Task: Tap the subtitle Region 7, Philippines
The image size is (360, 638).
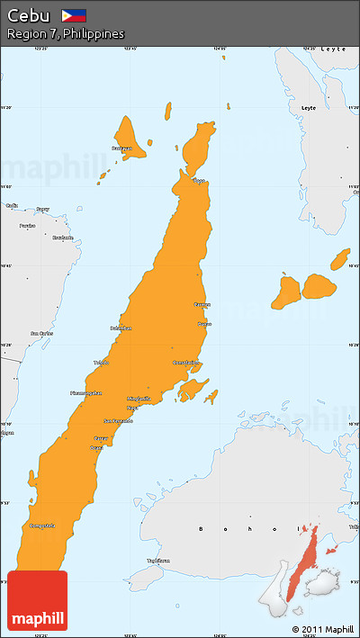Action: (65, 34)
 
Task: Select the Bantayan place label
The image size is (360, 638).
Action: (121, 148)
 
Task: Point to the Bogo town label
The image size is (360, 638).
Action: (199, 181)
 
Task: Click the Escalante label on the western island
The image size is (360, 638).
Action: (62, 238)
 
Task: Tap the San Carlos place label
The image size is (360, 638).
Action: (41, 333)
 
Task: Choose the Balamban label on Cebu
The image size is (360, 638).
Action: (121, 328)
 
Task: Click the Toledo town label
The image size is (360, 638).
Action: (101, 363)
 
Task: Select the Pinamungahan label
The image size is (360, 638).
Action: (86, 393)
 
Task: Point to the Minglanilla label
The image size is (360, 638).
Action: (139, 398)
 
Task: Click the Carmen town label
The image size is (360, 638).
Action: (202, 305)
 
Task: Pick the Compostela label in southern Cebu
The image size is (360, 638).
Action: (42, 526)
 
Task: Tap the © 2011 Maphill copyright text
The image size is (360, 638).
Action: (323, 629)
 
